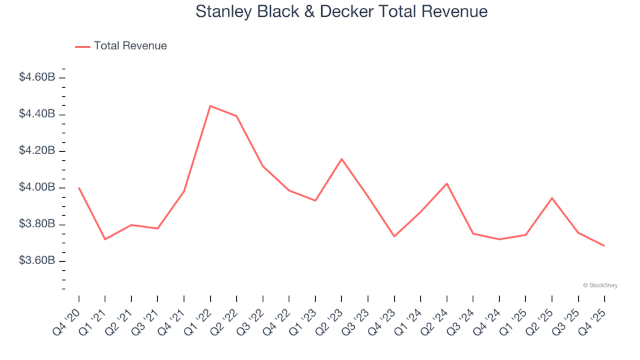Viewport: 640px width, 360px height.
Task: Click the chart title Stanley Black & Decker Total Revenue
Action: click(341, 12)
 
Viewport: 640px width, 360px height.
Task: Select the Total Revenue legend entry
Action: click(130, 46)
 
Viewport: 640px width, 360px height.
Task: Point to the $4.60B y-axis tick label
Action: click(37, 78)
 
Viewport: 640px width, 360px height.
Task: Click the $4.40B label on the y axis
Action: click(37, 115)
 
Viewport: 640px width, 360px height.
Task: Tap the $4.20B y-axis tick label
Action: click(37, 151)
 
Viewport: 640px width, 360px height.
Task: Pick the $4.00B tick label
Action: click(37, 187)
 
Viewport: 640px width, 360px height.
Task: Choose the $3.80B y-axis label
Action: click(37, 224)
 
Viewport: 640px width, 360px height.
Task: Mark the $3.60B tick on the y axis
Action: click(37, 261)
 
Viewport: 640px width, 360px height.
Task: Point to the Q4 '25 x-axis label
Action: click(593, 317)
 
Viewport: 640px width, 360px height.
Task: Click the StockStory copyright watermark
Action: click(600, 285)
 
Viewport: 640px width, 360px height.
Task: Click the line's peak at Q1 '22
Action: click(210, 106)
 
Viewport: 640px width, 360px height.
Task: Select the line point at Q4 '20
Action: click(79, 188)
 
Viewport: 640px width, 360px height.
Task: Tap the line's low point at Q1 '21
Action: click(105, 239)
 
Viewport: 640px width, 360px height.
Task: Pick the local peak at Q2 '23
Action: click(341, 159)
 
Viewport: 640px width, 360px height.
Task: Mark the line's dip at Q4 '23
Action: click(394, 236)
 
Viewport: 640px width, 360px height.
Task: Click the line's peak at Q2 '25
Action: click(552, 198)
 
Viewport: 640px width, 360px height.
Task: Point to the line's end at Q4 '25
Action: click(604, 246)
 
